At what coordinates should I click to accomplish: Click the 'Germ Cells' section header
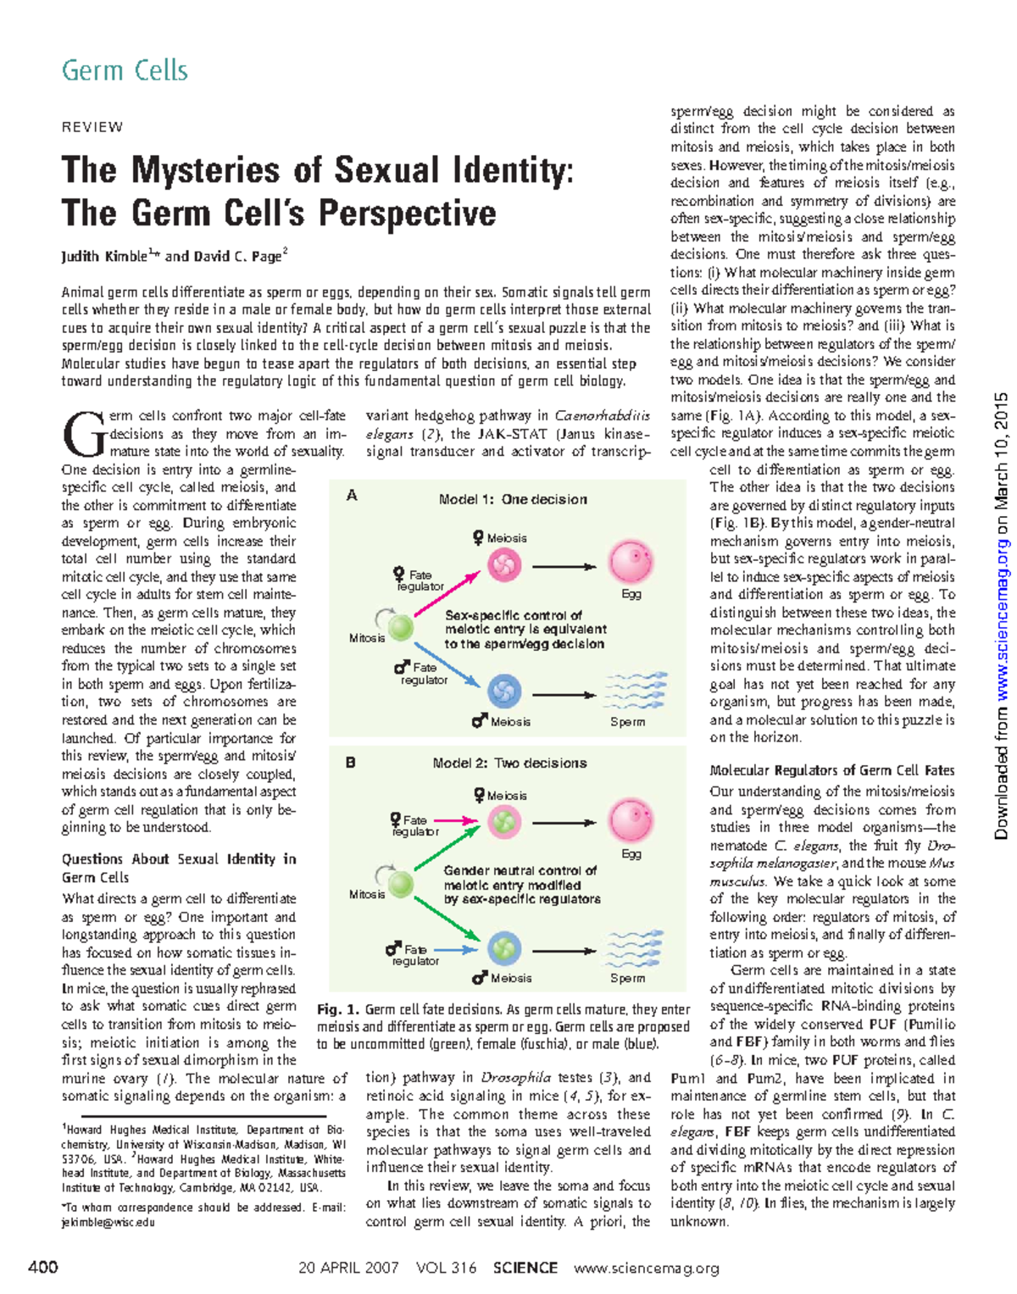pos(125,71)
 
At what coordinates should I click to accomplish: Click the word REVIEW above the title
pos(92,127)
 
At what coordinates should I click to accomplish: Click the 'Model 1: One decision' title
pos(512,499)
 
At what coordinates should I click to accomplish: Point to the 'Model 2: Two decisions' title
pos(509,763)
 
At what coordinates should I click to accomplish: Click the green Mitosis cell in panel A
pos(400,628)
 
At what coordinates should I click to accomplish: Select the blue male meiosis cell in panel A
pos(504,690)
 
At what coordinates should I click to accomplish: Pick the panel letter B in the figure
pos(351,763)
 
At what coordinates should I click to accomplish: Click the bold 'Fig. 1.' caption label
pos(338,1009)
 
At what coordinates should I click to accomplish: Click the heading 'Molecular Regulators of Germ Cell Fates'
pos(831,770)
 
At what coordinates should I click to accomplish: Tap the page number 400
pos(43,1268)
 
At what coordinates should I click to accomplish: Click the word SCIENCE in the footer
pos(525,1268)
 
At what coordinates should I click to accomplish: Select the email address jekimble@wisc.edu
pos(108,1222)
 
